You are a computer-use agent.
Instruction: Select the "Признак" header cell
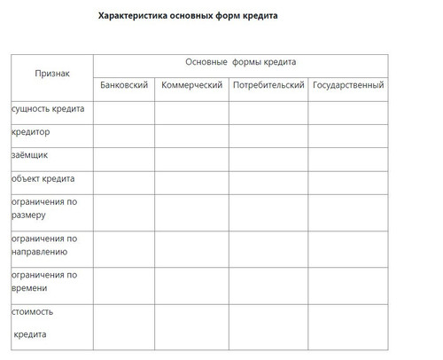point(51,73)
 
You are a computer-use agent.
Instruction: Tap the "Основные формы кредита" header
point(240,63)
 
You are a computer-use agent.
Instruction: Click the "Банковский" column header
point(124,85)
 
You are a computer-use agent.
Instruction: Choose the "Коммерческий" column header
point(191,85)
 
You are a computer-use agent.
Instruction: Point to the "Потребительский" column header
point(268,85)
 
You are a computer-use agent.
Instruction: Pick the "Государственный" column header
point(348,85)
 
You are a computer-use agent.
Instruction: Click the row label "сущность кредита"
point(48,109)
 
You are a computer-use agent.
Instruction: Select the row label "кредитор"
point(31,132)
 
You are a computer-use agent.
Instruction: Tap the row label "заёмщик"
point(30,155)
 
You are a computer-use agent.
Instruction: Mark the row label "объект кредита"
point(43,178)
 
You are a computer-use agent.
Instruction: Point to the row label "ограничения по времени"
point(44,282)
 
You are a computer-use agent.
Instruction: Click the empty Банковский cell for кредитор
point(124,136)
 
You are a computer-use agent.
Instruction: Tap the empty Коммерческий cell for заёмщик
point(191,159)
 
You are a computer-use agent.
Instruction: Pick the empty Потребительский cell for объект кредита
point(268,182)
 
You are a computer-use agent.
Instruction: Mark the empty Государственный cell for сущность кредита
point(348,113)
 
